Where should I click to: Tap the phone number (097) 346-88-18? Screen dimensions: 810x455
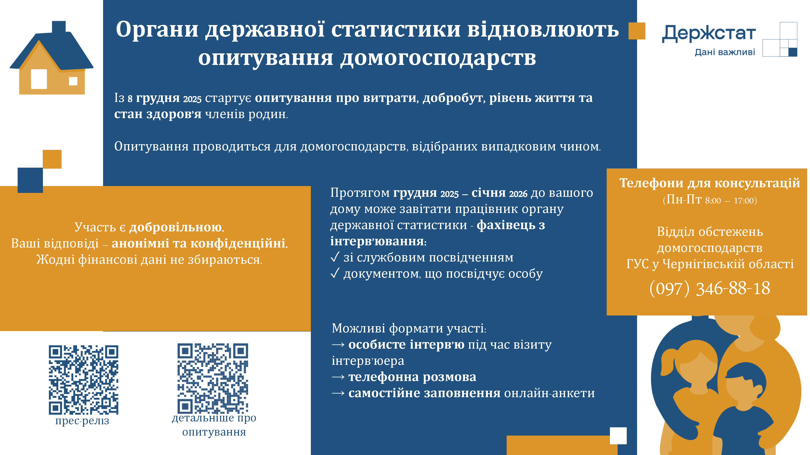pyautogui.click(x=710, y=288)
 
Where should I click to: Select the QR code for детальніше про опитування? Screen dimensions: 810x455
pyautogui.click(x=213, y=378)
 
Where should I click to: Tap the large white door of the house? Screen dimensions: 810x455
pyautogui.click(x=39, y=79)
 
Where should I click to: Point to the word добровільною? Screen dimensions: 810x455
pyautogui.click(x=175, y=227)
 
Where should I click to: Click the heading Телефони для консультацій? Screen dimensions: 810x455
pyautogui.click(x=710, y=183)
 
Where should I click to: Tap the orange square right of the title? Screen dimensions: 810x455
pyautogui.click(x=637, y=31)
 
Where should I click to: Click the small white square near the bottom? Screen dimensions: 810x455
pyautogui.click(x=618, y=436)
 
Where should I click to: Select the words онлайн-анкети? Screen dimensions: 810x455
pyautogui.click(x=549, y=393)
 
